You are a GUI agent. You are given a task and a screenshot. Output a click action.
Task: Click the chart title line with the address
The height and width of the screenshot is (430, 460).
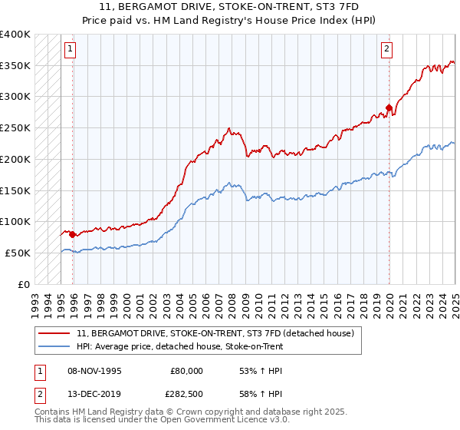230,7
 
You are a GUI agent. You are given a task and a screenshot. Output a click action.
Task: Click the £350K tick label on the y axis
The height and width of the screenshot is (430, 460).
15,66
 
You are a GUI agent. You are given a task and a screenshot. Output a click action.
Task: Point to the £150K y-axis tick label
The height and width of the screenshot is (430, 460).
15,190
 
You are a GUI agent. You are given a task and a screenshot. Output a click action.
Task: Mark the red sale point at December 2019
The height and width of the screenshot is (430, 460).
389,108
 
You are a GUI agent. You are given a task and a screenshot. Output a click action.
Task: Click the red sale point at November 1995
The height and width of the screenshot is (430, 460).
73,234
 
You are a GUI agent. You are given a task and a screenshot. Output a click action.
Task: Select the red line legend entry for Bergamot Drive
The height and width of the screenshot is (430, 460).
215,334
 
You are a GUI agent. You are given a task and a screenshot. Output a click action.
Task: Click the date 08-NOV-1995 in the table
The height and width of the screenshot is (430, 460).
94,371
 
